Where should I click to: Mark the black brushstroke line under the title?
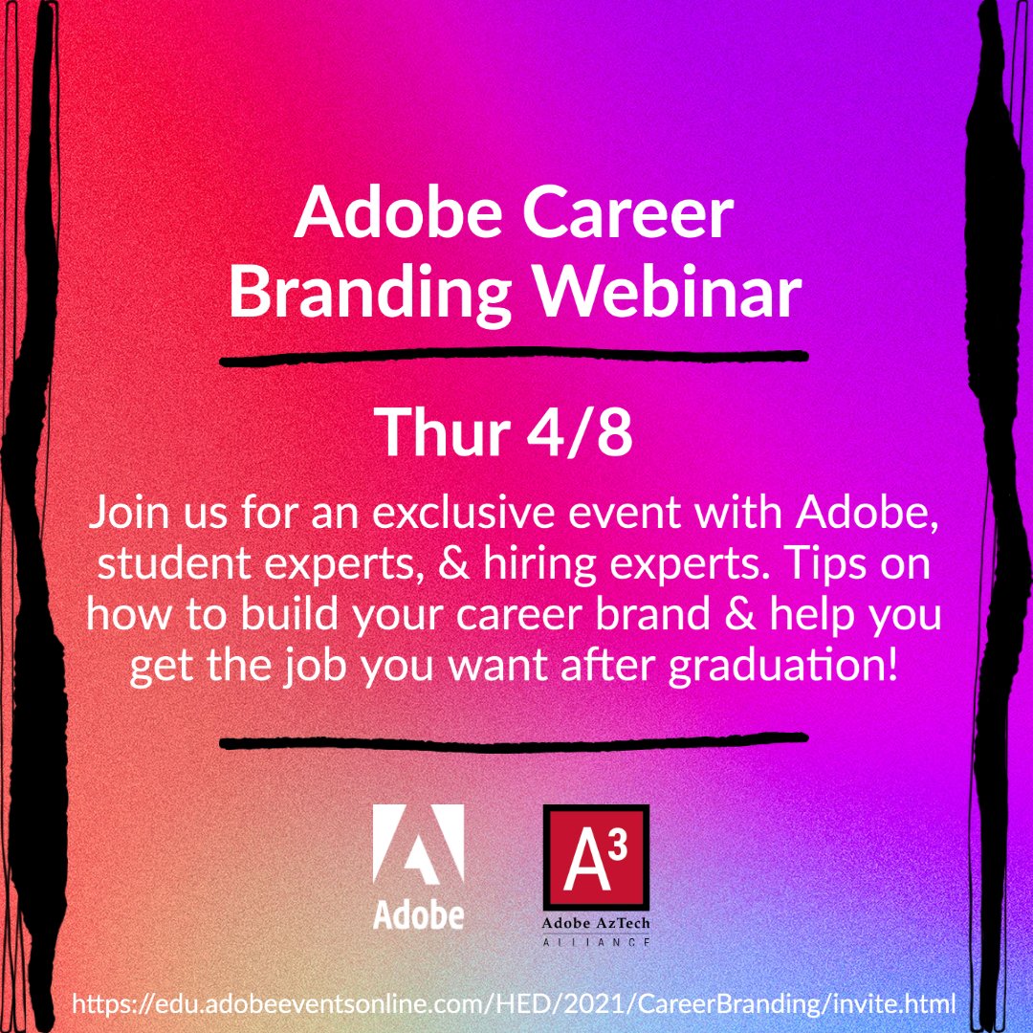click(x=514, y=358)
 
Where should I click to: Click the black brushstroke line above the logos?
click(x=514, y=740)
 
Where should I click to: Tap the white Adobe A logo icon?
click(x=418, y=849)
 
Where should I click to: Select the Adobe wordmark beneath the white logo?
click(x=418, y=915)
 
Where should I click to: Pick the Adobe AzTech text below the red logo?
click(x=595, y=925)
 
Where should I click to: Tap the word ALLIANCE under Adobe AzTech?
click(x=595, y=942)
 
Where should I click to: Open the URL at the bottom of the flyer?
click(x=515, y=1004)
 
